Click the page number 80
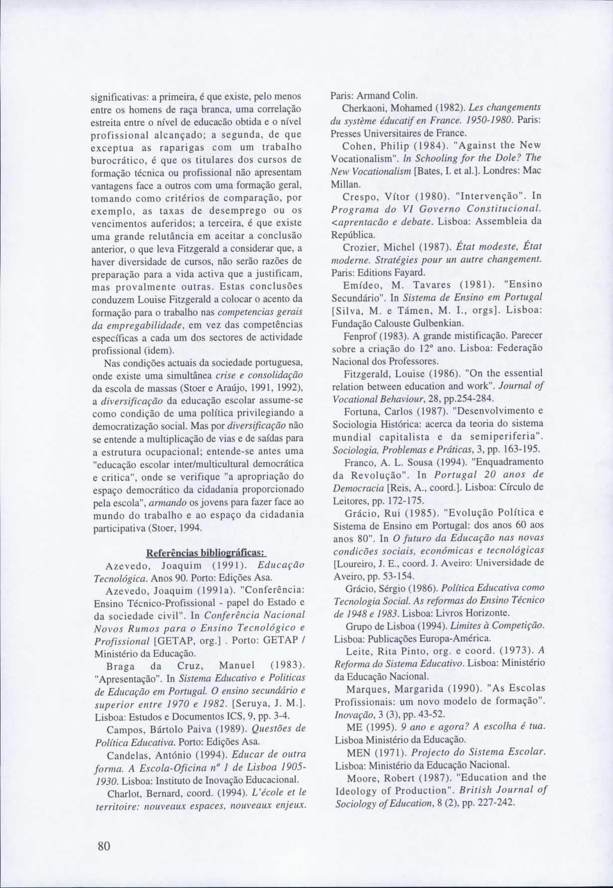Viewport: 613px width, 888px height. (x=103, y=846)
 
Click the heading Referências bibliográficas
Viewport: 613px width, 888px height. (x=206, y=554)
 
